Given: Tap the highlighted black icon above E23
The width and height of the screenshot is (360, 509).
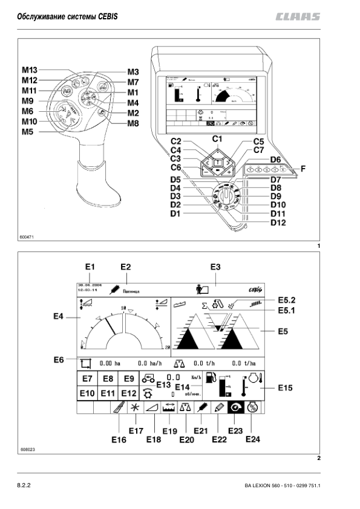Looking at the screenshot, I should click(x=235, y=408).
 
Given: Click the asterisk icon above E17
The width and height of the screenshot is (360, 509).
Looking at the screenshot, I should click(x=136, y=408).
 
